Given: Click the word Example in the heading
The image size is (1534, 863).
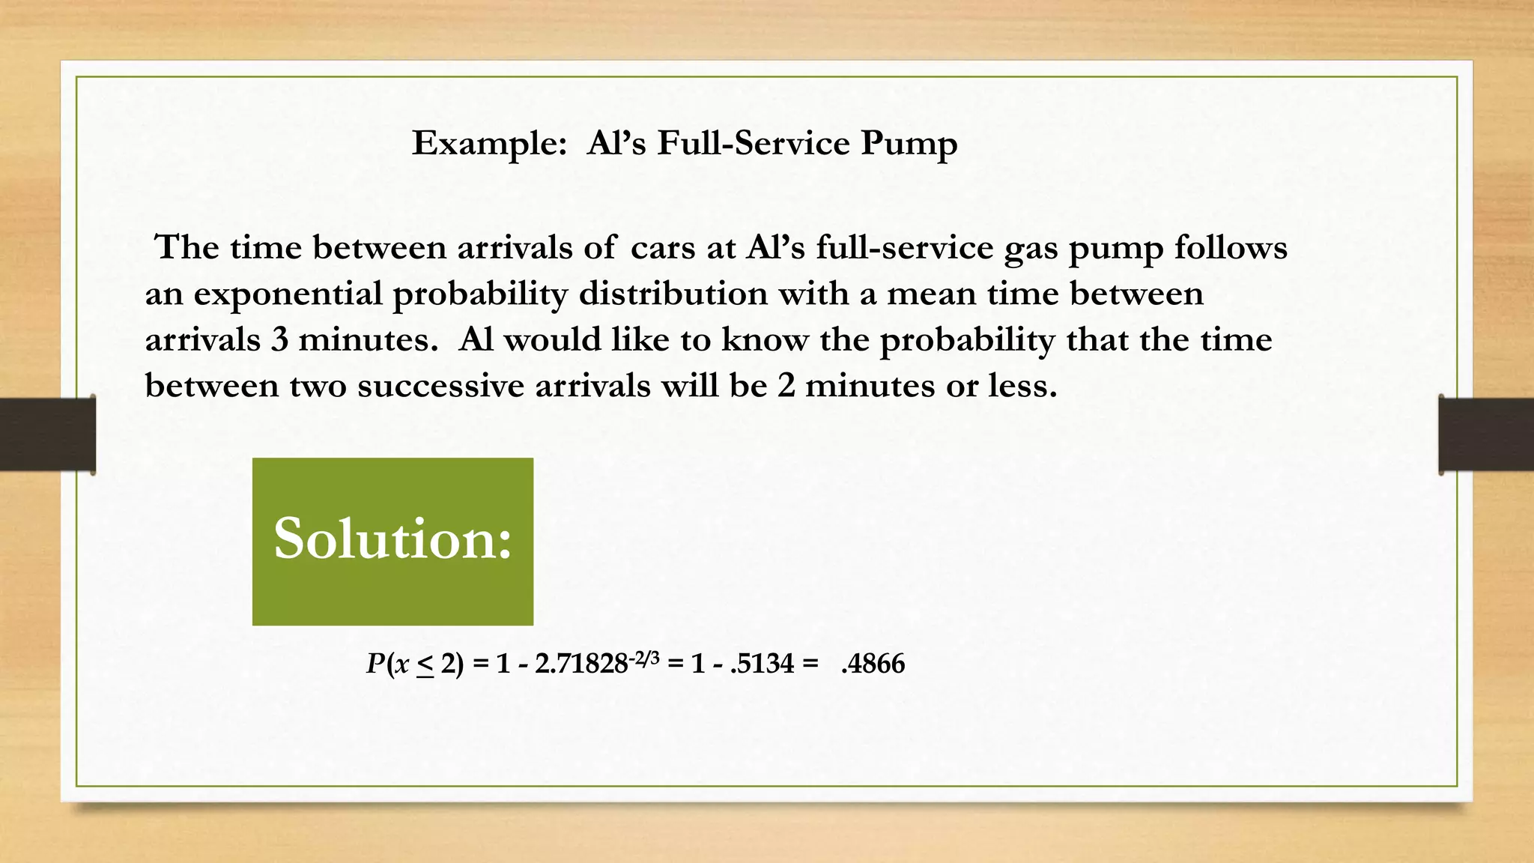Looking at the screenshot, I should coord(488,144).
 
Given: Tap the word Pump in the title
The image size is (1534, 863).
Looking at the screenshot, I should coord(909,144).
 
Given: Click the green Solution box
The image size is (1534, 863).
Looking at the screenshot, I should coord(392,541).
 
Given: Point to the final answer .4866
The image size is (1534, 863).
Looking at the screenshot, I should coord(873,664).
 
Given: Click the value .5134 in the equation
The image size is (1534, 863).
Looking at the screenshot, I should coord(761,664).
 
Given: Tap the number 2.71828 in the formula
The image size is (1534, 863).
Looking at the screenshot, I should coord(580,664).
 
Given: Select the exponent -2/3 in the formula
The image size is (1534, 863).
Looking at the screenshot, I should coord(644,658).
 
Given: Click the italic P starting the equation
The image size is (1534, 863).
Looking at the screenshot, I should coord(375,664).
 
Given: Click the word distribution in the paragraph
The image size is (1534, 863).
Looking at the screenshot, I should coord(673,293).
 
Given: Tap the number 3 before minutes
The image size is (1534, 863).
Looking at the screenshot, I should coord(279,340).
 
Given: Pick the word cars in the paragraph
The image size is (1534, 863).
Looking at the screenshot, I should coord(663,249).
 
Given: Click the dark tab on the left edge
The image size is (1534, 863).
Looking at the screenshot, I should coord(47,434).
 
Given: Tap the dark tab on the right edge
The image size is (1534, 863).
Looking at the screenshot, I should coord(1486,434).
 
